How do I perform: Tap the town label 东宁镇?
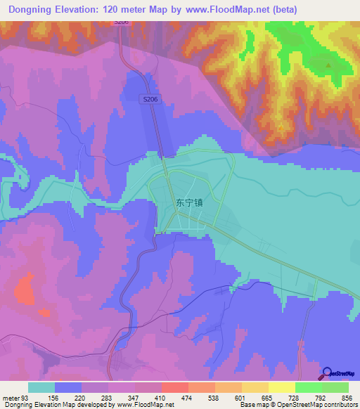click(x=189, y=202)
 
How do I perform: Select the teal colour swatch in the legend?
click(x=41, y=387)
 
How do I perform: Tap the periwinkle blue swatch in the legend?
click(x=68, y=387)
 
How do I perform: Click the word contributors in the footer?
click(x=337, y=404)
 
